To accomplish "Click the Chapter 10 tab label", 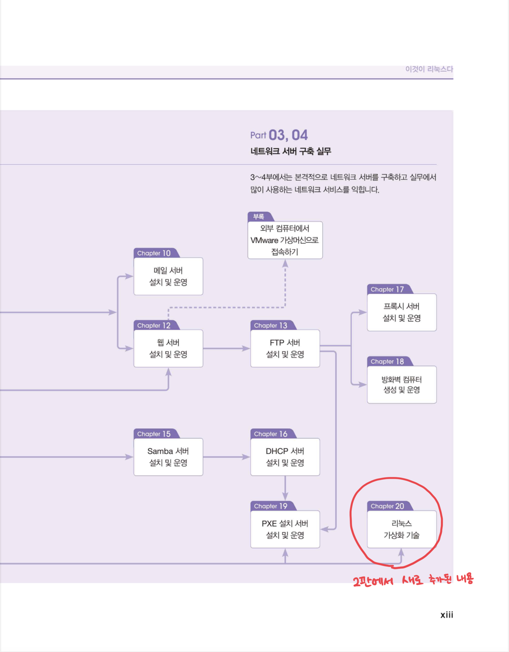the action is [154, 253].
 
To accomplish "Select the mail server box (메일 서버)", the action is [168, 276].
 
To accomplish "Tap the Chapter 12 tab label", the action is [154, 325].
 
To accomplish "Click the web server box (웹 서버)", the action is [168, 348].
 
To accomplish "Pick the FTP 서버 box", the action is [285, 348].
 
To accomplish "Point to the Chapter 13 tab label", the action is [271, 325].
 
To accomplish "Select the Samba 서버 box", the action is [168, 457].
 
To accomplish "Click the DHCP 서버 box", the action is [285, 457].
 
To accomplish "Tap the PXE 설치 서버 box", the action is [285, 529].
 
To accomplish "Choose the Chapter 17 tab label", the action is [387, 289].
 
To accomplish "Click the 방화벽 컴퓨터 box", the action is [402, 384].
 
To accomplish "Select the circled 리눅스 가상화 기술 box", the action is [402, 529].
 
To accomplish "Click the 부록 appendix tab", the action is [259, 217].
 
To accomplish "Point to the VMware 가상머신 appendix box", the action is [285, 240].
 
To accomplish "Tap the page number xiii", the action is [446, 615].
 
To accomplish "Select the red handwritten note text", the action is [413, 580].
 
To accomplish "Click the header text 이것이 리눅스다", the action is [429, 69].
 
